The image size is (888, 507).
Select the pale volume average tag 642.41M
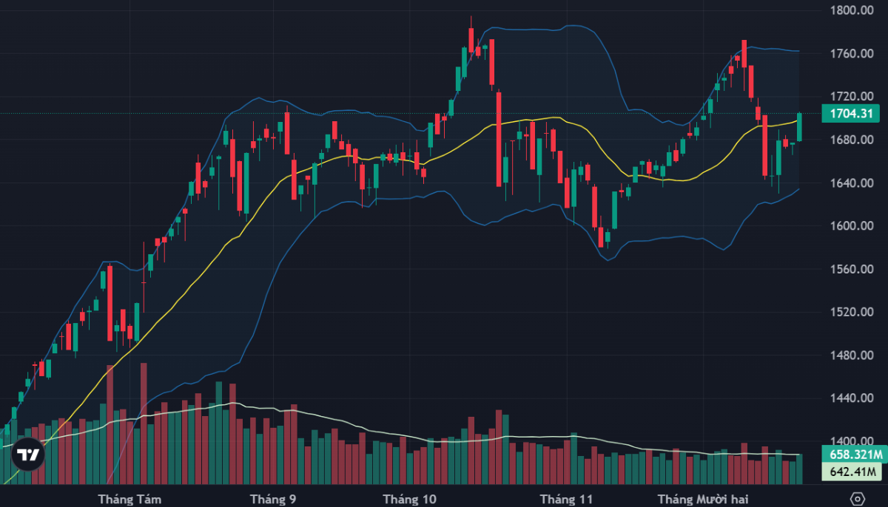click(x=852, y=472)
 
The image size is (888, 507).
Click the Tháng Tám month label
click(x=129, y=499)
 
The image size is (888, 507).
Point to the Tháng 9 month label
click(x=274, y=499)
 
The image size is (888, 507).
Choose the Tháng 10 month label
click(x=409, y=499)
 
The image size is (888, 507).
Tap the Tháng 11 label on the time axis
click(x=566, y=499)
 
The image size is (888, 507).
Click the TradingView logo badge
click(x=28, y=455)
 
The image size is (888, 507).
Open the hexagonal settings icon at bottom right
click(x=858, y=497)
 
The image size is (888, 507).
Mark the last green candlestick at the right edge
click(x=800, y=127)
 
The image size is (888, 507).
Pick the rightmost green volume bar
click(x=800, y=469)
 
